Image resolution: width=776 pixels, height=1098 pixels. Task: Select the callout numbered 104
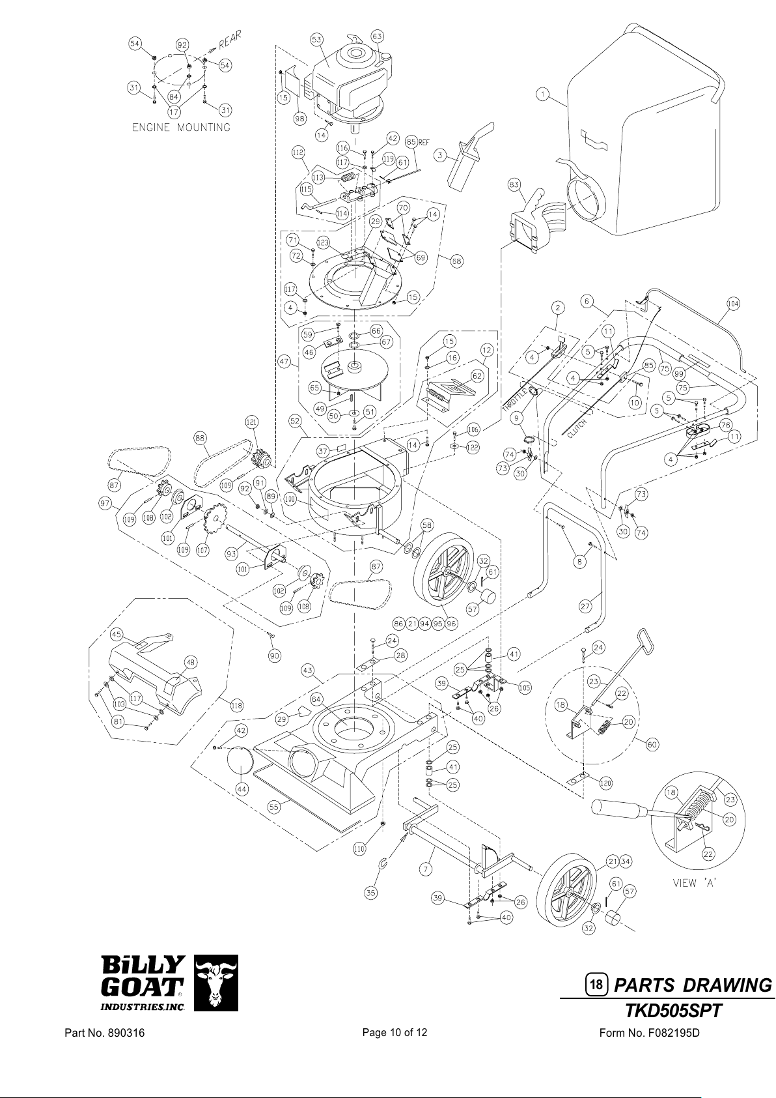734,303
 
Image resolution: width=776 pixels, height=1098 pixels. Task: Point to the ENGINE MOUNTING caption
181,127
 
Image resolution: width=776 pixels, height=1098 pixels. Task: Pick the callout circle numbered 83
514,186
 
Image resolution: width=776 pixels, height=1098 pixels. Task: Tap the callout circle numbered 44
242,788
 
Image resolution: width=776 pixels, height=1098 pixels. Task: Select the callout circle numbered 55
274,806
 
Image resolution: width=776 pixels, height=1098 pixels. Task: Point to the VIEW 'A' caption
695,884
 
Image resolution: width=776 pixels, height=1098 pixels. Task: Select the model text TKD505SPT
674,1011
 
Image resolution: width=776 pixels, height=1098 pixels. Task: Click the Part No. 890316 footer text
104,1033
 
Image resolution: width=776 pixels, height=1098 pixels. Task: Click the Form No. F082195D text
648,1033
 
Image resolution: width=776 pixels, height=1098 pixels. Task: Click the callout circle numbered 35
370,893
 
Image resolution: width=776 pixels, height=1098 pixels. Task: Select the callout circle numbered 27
585,606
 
